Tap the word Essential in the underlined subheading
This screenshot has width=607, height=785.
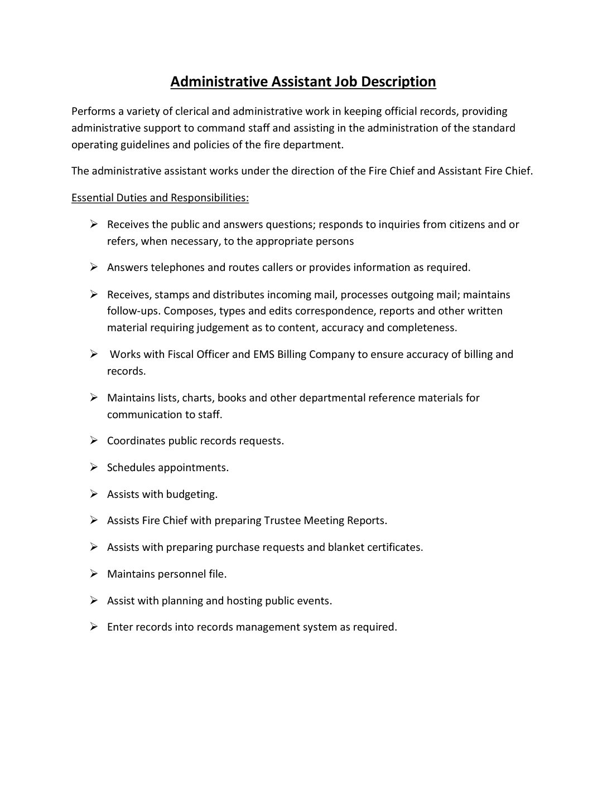[92, 197]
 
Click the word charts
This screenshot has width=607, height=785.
[196, 398]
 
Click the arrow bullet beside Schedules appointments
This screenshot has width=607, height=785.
[94, 467]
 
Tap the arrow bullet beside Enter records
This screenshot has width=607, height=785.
[94, 627]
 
